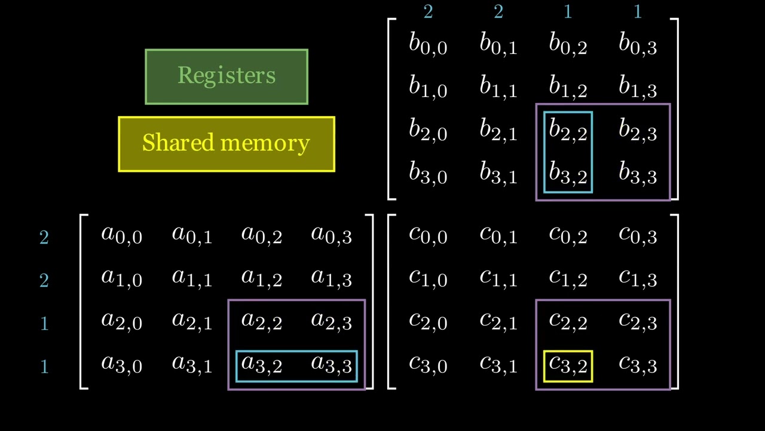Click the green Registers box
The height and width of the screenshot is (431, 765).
(x=227, y=77)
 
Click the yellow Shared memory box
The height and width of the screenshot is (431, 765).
(x=227, y=144)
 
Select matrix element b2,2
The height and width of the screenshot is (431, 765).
(x=568, y=131)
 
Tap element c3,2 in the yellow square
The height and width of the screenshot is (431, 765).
(x=568, y=365)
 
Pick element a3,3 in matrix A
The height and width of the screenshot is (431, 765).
(x=332, y=365)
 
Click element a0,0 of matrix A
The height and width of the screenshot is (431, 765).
(x=122, y=235)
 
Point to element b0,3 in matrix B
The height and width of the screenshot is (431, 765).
(x=638, y=45)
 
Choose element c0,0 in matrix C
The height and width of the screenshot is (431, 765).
(x=428, y=235)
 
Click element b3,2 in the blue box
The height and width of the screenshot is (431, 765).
(x=568, y=174)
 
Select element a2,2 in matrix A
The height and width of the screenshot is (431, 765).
(x=262, y=321)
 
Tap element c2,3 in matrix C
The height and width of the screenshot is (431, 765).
(x=638, y=321)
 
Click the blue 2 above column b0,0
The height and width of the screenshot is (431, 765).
(x=428, y=12)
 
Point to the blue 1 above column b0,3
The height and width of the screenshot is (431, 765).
(x=638, y=12)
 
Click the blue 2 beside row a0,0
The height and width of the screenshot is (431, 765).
(x=44, y=238)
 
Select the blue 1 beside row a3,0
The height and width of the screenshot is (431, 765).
(x=44, y=366)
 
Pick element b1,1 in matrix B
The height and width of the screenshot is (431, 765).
(x=498, y=88)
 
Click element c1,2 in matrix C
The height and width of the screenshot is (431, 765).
(x=568, y=278)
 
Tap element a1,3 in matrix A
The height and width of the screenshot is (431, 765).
(x=332, y=278)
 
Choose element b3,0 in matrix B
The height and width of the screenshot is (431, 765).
(x=428, y=174)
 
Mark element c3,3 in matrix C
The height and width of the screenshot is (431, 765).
(x=638, y=365)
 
